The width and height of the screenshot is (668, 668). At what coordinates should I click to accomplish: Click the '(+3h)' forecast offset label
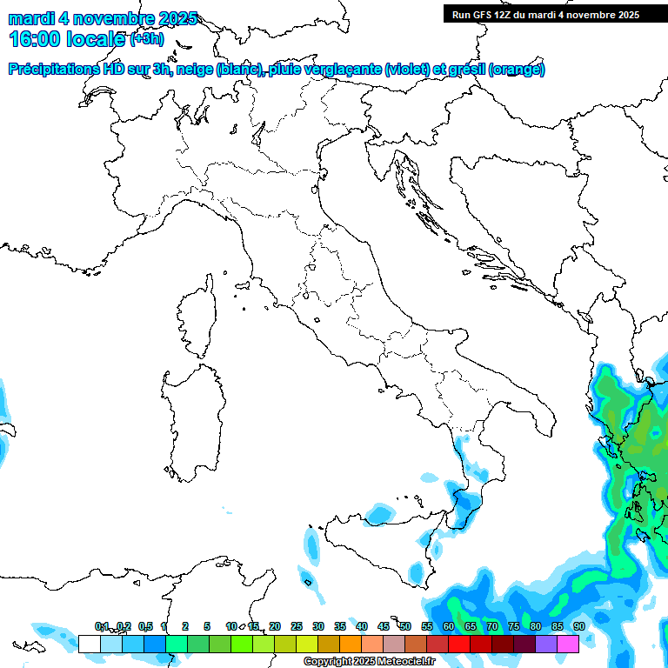(x=146, y=38)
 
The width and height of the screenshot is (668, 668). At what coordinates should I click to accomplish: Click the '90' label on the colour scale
(x=578, y=626)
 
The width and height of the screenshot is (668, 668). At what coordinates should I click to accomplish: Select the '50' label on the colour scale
(x=405, y=626)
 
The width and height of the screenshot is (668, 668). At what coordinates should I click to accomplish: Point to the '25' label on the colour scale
(x=297, y=626)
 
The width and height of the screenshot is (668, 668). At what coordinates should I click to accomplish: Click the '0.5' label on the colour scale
(x=145, y=626)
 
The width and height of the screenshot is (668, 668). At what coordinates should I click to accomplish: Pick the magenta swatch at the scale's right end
(x=568, y=644)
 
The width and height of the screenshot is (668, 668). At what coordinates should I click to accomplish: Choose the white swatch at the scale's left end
(x=89, y=644)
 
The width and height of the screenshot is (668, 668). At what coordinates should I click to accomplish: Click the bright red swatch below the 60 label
(x=459, y=644)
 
